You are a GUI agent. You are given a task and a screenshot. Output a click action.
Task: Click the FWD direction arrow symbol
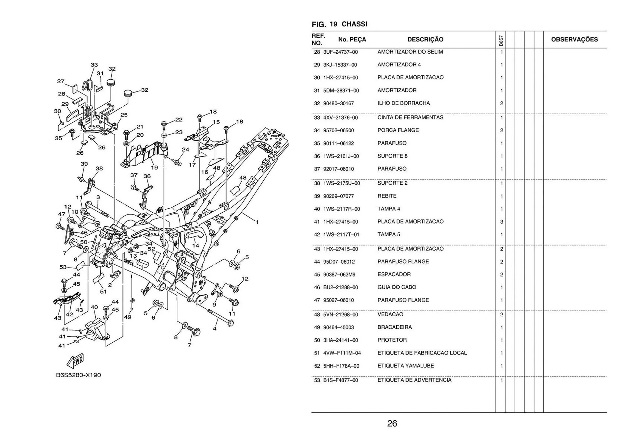point(75,361)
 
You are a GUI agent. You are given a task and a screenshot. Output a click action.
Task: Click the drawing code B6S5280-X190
point(78,375)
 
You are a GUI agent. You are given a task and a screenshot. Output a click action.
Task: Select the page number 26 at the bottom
point(392,423)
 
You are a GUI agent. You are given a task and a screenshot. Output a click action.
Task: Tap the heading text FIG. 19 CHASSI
point(339,24)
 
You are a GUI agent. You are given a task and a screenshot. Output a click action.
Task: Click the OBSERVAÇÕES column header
point(574,39)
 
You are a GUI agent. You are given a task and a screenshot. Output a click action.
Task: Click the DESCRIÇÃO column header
point(425,39)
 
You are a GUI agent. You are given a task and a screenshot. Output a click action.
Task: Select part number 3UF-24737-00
point(340,52)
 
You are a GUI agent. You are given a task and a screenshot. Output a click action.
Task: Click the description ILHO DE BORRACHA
point(403,103)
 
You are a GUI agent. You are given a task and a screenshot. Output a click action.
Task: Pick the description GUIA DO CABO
point(397,287)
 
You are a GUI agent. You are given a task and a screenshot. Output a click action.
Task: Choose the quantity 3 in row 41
point(501,222)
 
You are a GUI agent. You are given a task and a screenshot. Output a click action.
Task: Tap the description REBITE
point(387,196)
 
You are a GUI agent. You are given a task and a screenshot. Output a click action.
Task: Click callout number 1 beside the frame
point(257,222)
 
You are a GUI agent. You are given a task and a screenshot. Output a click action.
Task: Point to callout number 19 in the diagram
point(154,168)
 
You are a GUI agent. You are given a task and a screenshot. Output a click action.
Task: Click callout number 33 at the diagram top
point(94,65)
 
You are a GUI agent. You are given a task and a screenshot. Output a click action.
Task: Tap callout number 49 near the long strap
point(128,317)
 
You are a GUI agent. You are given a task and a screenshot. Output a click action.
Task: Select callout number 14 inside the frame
point(196,246)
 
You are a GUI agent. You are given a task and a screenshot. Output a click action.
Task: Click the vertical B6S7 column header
point(501,40)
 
